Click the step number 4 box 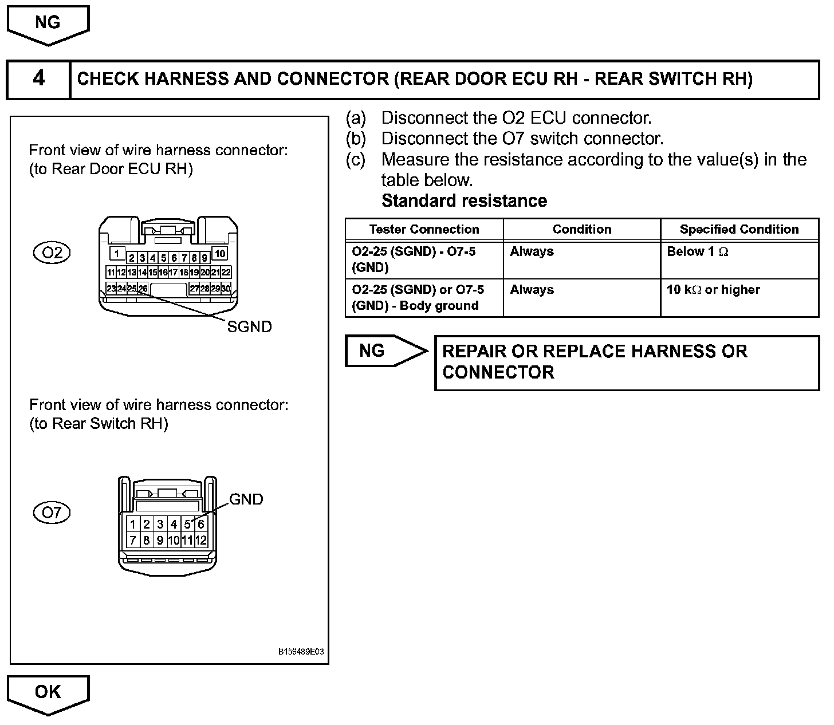click(38, 78)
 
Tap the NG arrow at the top click(48, 23)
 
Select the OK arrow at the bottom click(48, 693)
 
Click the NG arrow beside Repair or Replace click(381, 350)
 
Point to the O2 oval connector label click(52, 253)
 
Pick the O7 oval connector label click(52, 512)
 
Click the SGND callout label click(249, 327)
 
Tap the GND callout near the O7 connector click(246, 499)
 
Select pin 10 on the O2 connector click(220, 253)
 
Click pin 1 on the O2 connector click(117, 253)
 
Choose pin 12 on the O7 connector click(201, 540)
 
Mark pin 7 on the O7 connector click(133, 540)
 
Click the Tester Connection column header click(424, 230)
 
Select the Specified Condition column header click(739, 230)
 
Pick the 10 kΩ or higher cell click(713, 290)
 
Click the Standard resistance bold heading click(464, 201)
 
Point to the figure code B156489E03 click(301, 652)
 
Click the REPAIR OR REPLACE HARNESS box click(627, 362)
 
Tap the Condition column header click(582, 230)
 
